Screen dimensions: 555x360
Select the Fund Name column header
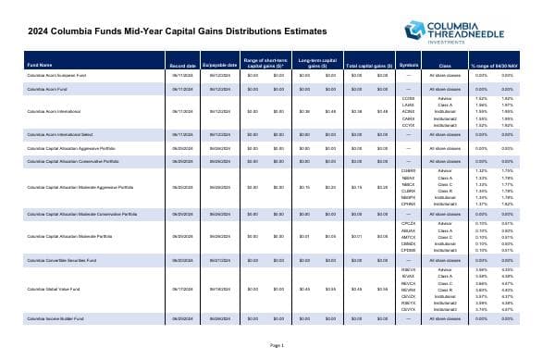(40, 64)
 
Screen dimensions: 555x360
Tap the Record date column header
(180, 64)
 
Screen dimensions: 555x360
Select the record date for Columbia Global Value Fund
(180, 267)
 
